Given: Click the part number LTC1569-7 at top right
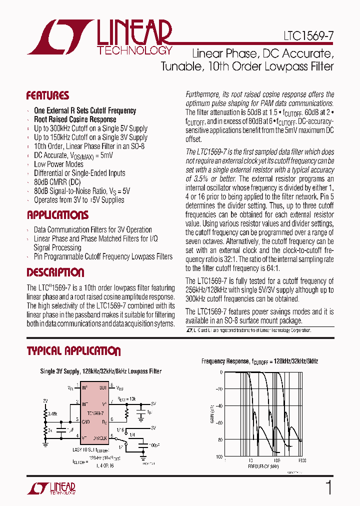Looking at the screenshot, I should click(x=305, y=36).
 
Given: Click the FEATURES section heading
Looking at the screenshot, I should click(x=47, y=95).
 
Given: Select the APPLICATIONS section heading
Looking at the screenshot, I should click(x=57, y=215).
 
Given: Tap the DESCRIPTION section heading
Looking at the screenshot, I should click(x=55, y=273).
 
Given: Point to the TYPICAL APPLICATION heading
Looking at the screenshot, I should click(x=73, y=351).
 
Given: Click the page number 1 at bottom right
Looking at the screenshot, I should click(x=328, y=487).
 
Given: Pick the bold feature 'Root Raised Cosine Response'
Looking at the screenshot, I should click(x=75, y=119).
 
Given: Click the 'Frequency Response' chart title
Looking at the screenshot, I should click(x=259, y=361).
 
